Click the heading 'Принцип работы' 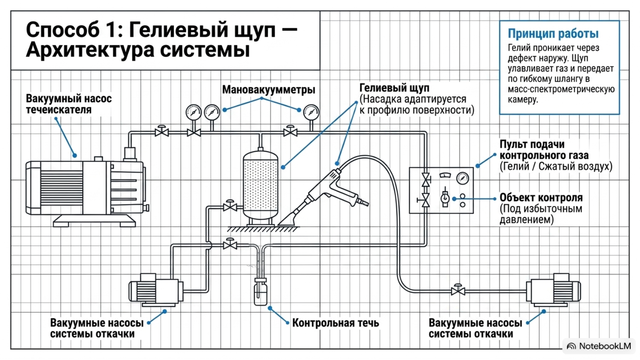[553, 34]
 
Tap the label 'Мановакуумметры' [268, 90]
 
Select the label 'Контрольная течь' [336, 323]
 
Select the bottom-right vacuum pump [553, 290]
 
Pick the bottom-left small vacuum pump [156, 290]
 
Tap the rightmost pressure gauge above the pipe [311, 112]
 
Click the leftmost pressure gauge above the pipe [194, 112]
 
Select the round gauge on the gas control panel [462, 178]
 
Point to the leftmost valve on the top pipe [162, 131]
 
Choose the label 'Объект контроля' [541, 198]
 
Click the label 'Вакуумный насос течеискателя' [68, 104]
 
